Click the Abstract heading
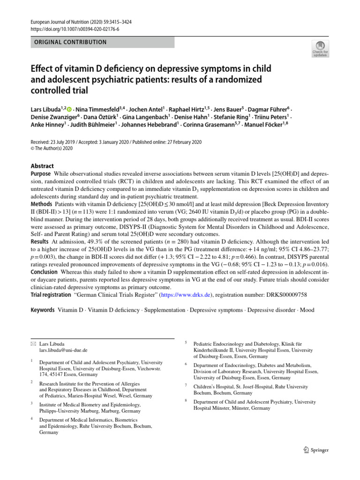pos(42,166)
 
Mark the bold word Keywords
pos(43,310)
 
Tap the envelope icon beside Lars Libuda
pos(33,344)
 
